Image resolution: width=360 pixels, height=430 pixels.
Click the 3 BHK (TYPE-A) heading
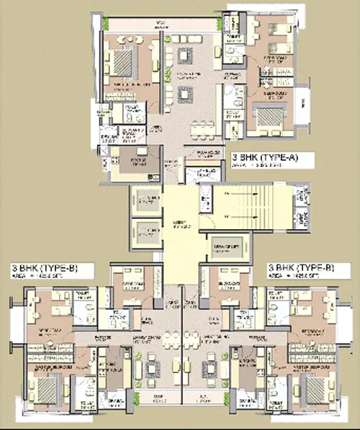coord(264,156)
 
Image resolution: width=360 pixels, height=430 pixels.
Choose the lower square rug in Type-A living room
coord(185,94)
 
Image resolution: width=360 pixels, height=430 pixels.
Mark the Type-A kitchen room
coord(132,161)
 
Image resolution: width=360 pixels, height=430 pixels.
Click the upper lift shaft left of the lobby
coord(146,200)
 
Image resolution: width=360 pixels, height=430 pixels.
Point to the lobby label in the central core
coord(176,224)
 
